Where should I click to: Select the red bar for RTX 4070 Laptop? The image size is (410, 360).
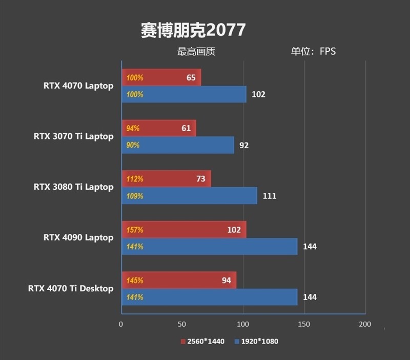coord(161,78)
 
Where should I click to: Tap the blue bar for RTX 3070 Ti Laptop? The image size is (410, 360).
coord(178,145)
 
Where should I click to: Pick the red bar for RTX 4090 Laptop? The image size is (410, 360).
coord(184,230)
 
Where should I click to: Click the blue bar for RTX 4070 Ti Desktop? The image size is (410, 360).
coord(210,297)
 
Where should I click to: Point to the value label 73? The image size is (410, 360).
coord(200,179)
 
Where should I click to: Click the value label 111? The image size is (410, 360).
coord(269,196)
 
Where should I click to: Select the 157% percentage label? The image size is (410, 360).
coord(135,230)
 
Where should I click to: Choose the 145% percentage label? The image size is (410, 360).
coord(135,281)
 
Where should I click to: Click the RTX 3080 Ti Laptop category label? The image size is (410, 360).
coord(73,187)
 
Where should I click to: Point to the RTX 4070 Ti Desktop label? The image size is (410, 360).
coord(71,289)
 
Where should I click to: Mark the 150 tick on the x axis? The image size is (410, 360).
coord(304,325)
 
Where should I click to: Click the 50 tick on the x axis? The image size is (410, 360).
coord(182,325)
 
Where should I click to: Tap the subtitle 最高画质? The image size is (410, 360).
coord(196,51)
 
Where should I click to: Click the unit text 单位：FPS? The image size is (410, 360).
coord(313,51)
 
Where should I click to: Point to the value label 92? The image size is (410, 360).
coord(244,145)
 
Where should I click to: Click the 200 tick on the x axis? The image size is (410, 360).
coord(365,325)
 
